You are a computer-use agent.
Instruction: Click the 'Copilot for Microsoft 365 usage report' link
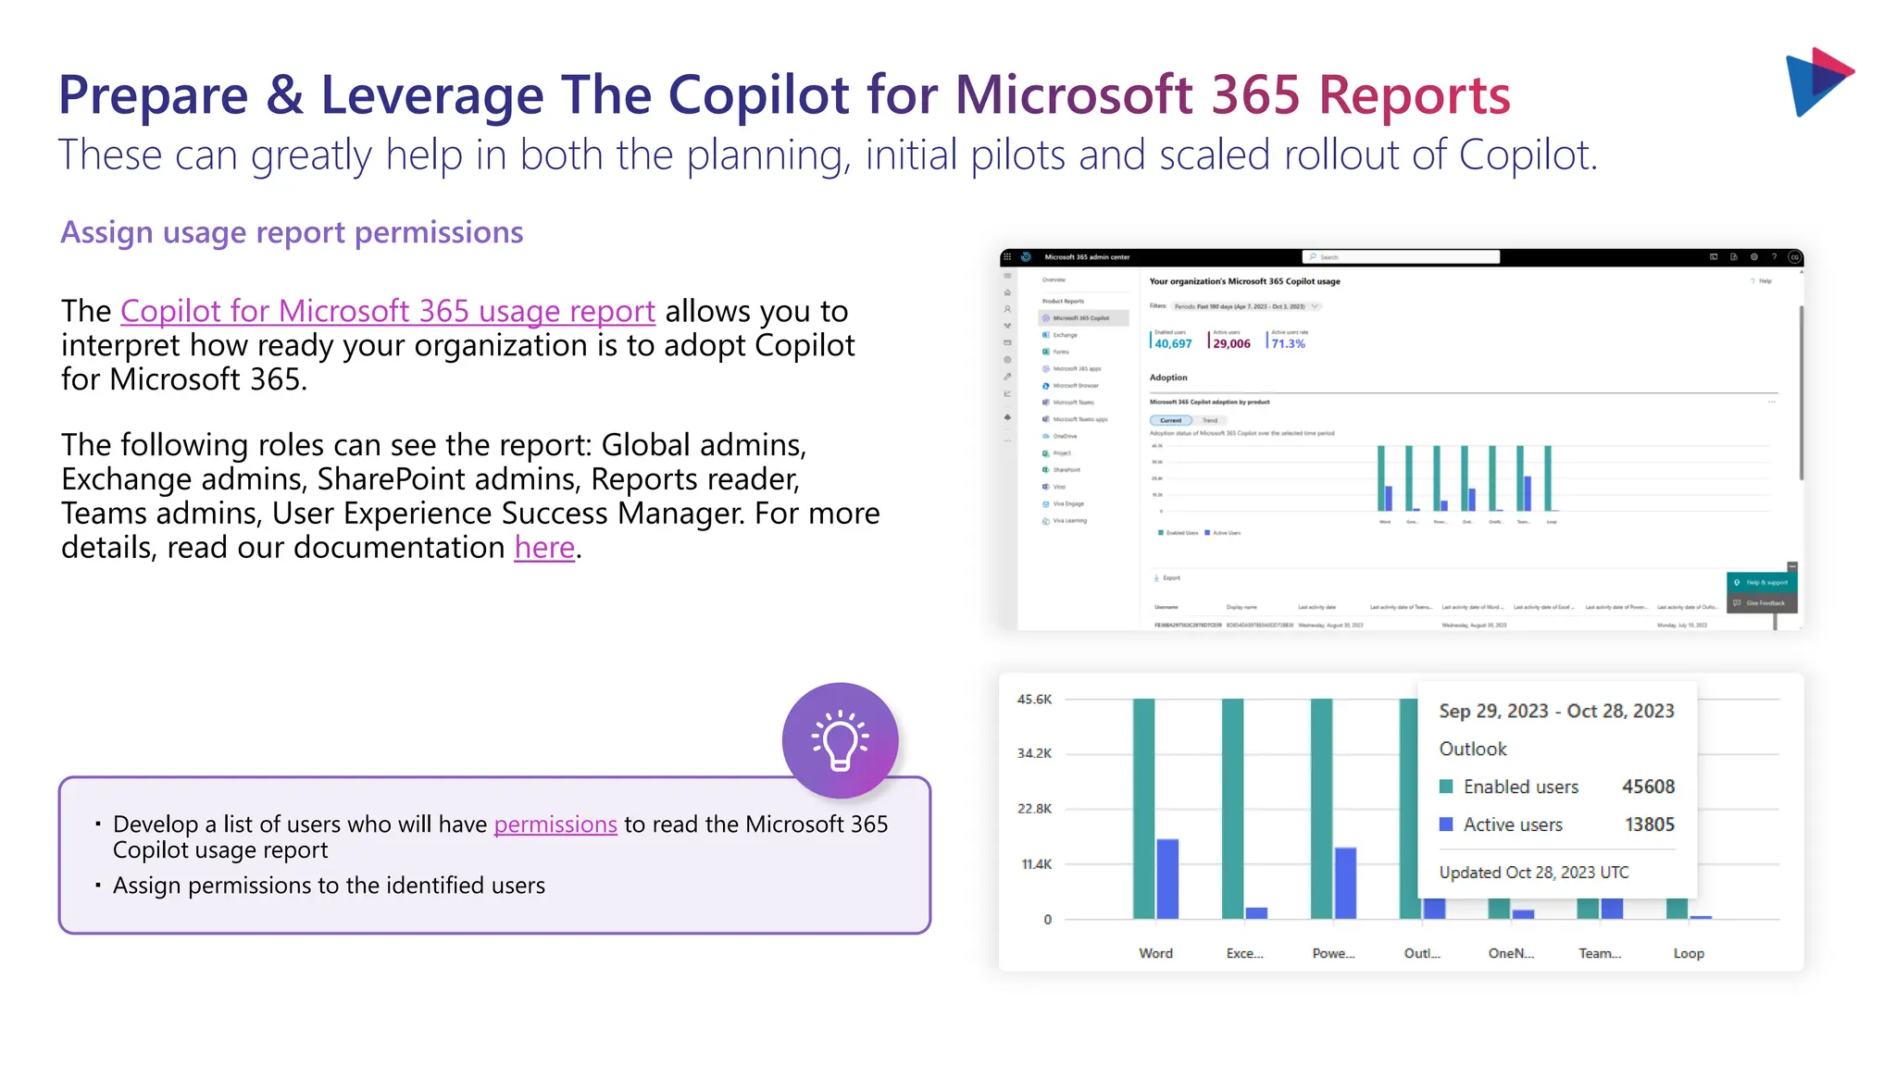(388, 312)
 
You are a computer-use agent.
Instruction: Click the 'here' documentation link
(544, 548)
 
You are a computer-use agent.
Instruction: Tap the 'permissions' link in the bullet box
(555, 824)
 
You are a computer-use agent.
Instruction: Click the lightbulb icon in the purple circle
(840, 740)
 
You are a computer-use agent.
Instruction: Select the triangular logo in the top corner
(1818, 81)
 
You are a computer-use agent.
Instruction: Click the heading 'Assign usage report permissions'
(292, 232)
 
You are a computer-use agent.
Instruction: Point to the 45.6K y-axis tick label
(1034, 700)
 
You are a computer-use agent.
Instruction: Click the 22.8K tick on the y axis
(1034, 809)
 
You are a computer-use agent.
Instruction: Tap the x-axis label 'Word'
(1155, 953)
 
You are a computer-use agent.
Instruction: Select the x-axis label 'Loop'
(1688, 953)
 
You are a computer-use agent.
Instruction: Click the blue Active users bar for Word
(1167, 879)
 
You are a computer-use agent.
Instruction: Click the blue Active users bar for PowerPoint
(1345, 883)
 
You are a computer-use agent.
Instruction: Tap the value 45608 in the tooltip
(1648, 787)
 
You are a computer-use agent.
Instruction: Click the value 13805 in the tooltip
(1649, 824)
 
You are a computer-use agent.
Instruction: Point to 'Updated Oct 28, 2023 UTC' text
(1533, 873)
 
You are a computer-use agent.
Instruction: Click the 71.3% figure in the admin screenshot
(1288, 343)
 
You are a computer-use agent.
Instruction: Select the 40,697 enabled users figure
(1173, 343)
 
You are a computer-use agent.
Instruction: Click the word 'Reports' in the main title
(1414, 95)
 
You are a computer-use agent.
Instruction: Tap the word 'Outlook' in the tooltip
(1472, 749)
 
